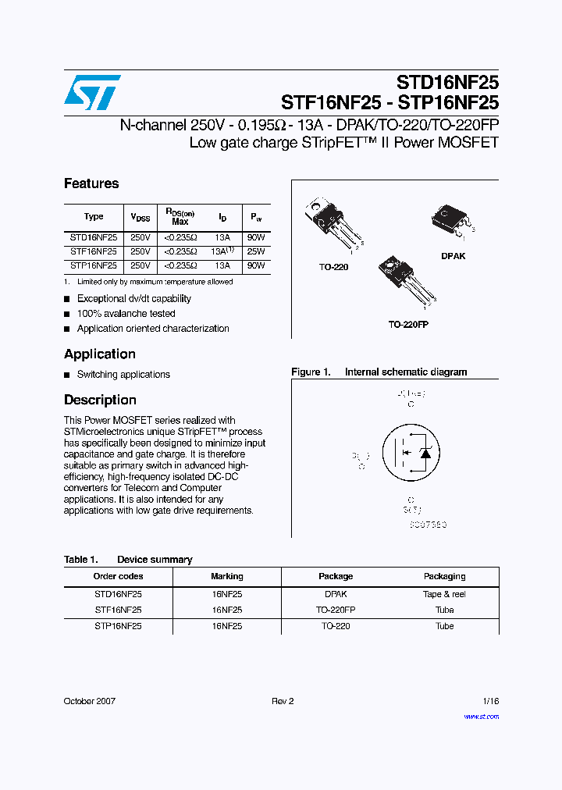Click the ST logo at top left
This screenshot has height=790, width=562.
tap(93, 93)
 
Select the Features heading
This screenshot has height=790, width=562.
tap(91, 184)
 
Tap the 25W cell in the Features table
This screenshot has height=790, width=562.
tap(256, 252)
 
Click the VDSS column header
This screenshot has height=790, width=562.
tap(140, 217)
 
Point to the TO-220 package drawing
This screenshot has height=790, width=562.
tap(333, 222)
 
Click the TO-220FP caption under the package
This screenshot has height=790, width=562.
tap(407, 324)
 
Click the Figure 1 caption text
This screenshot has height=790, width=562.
tap(379, 372)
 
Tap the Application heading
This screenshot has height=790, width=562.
tap(100, 354)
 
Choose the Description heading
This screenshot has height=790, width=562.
tap(100, 400)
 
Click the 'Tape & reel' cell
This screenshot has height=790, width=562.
tap(444, 594)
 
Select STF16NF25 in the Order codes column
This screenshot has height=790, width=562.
tap(118, 610)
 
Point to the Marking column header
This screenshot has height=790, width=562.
tap(227, 576)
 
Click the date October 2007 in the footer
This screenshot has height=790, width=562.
tap(90, 701)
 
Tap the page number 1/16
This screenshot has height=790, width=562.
tap(489, 701)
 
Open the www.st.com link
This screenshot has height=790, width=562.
tap(481, 716)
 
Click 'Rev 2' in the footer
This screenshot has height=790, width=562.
tap(283, 701)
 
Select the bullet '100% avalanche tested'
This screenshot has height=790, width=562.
tap(126, 314)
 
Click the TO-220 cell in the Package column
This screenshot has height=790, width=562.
tap(336, 626)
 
